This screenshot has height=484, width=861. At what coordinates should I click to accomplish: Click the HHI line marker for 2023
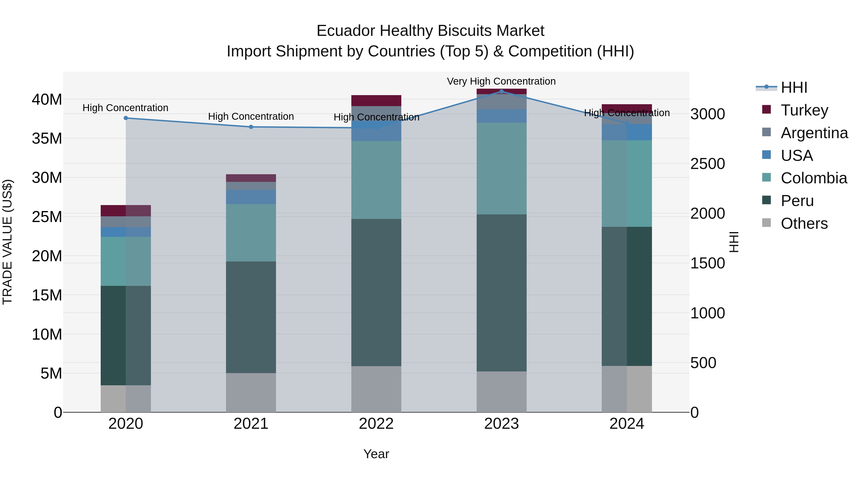pyautogui.click(x=501, y=91)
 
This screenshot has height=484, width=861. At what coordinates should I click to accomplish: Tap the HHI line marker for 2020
pyautogui.click(x=126, y=118)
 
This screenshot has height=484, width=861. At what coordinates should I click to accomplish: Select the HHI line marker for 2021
pyautogui.click(x=251, y=127)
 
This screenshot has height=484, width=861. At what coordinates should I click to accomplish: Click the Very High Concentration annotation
pyautogui.click(x=501, y=81)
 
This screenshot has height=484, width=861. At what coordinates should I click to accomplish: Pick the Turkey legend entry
pyautogui.click(x=804, y=110)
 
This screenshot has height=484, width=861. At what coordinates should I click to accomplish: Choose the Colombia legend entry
pyautogui.click(x=814, y=178)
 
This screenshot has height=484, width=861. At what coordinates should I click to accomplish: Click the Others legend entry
pyautogui.click(x=804, y=223)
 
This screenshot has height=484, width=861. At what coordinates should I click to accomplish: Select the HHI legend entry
pyautogui.click(x=794, y=87)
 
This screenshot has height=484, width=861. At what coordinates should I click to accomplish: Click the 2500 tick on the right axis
pyautogui.click(x=708, y=164)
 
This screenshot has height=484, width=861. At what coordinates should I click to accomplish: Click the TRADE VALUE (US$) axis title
pyautogui.click(x=7, y=242)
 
